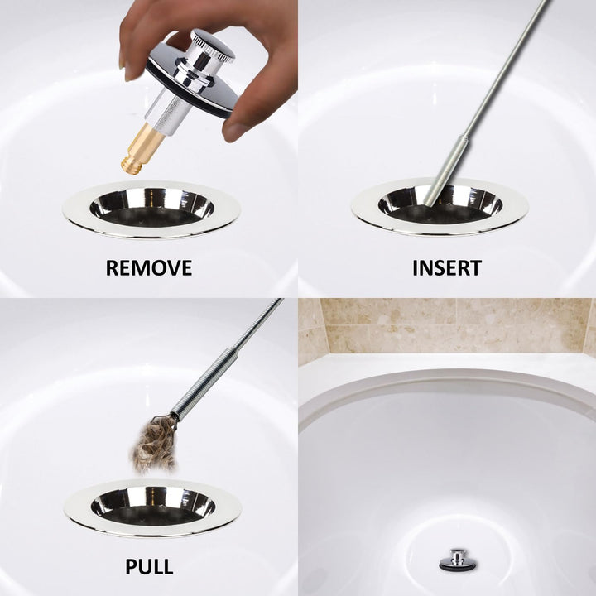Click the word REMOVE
click(x=149, y=268)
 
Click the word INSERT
click(x=447, y=268)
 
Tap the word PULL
click(x=149, y=567)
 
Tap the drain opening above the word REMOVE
click(x=151, y=207)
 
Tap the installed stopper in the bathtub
click(x=456, y=560)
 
